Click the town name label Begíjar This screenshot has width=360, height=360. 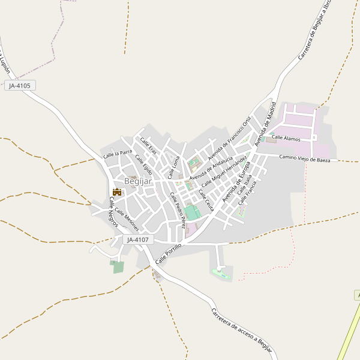[137, 181]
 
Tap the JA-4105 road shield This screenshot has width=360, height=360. [20, 86]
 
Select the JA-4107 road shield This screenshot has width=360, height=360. [138, 240]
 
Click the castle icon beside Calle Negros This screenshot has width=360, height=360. [117, 192]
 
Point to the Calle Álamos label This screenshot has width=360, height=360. [286, 138]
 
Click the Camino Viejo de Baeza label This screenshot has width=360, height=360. [305, 158]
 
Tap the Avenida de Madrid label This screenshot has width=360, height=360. [266, 124]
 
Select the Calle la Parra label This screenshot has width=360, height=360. [118, 154]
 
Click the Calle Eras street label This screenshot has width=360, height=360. [148, 146]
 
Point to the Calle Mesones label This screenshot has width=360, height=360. [127, 220]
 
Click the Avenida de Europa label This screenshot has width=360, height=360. [236, 182]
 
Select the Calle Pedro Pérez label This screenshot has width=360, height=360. [177, 211]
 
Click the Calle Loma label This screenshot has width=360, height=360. [173, 167]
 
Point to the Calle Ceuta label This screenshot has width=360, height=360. [206, 200]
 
